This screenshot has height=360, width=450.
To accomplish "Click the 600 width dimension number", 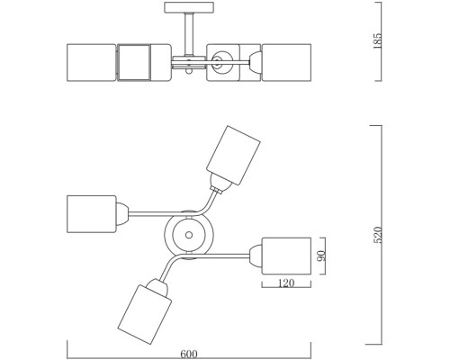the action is tap(189, 355).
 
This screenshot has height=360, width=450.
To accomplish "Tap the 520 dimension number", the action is tap(378, 235).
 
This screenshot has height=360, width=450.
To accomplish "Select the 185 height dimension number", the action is tap(377, 40).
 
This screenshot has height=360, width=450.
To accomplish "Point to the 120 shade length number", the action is tap(286, 283).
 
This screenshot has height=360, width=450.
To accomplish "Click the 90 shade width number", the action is tap(321, 256).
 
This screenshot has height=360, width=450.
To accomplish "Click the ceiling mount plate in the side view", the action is tap(189, 7).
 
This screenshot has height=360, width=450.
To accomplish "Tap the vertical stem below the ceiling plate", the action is tap(189, 34).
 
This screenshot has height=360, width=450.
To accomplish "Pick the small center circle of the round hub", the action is tap(189, 235).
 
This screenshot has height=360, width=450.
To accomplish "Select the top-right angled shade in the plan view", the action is tap(233, 155).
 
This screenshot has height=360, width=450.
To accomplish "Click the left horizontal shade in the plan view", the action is tap(91, 214).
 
